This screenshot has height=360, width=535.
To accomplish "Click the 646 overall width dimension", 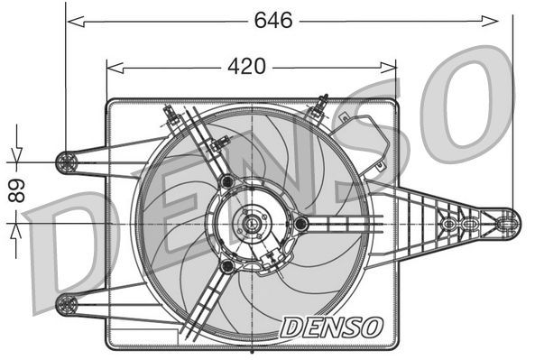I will (272, 20).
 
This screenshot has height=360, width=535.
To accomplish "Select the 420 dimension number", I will (245, 66).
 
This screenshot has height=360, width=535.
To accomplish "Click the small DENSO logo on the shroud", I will (331, 327).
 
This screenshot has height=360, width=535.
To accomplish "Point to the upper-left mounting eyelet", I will (66, 162).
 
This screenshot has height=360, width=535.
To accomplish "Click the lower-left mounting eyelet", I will (66, 304).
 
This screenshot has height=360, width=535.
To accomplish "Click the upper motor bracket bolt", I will (226, 183).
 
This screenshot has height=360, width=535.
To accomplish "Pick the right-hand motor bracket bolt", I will (300, 223).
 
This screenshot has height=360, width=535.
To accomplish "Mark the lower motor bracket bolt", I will (227, 267).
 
